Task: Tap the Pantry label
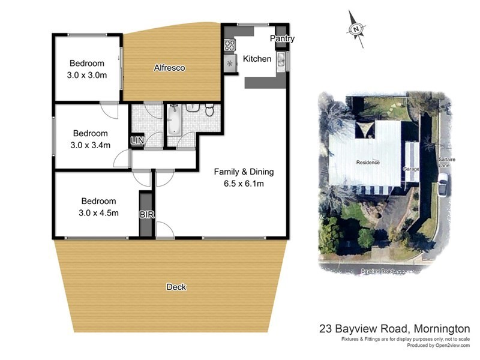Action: [282, 39]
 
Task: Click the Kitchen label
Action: [257, 59]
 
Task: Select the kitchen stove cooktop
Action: [229, 44]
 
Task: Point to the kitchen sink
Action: [281, 59]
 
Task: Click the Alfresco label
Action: [169, 68]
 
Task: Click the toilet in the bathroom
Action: [209, 110]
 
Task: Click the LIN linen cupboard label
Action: [137, 141]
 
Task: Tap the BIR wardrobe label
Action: [145, 214]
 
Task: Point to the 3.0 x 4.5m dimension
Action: [99, 212]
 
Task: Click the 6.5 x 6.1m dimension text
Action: [240, 184]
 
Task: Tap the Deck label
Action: [176, 287]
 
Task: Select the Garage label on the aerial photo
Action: [411, 169]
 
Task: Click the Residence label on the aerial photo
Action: [368, 162]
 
